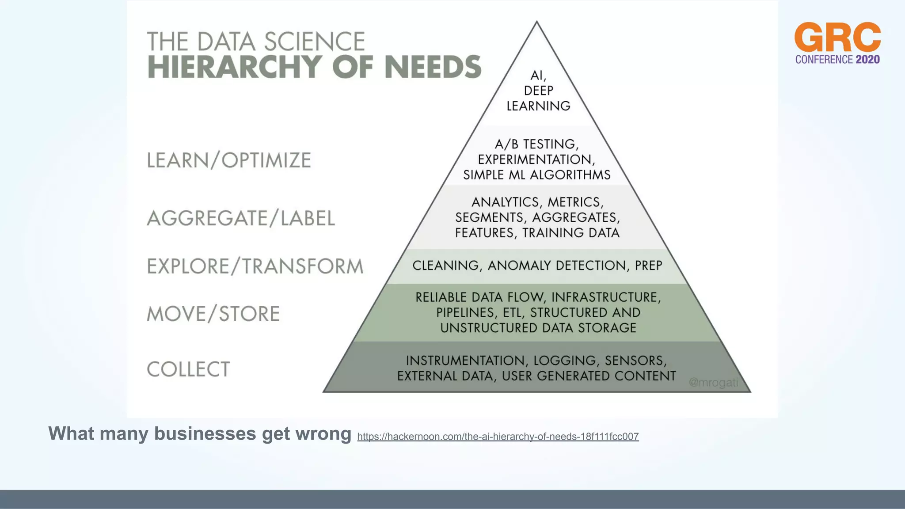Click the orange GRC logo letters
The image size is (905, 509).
[837, 37]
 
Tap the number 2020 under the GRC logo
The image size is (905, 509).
[867, 60]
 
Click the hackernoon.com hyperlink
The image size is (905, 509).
[498, 437]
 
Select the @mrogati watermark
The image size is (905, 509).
[713, 382]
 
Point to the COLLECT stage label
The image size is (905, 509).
[188, 369]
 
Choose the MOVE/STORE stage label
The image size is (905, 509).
[213, 314]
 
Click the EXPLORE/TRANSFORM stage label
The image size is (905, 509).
[255, 266]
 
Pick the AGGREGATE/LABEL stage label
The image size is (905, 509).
[241, 218]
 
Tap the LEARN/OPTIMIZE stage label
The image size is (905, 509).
[229, 160]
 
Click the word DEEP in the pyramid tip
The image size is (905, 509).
[538, 91]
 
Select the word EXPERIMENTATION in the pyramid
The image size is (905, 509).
[536, 159]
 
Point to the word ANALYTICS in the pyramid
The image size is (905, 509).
[505, 202]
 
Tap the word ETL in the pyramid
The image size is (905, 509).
[512, 312]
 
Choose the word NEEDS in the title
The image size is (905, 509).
[433, 67]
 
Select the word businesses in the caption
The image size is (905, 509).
[205, 433]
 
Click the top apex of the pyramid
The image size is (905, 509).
[537, 22]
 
